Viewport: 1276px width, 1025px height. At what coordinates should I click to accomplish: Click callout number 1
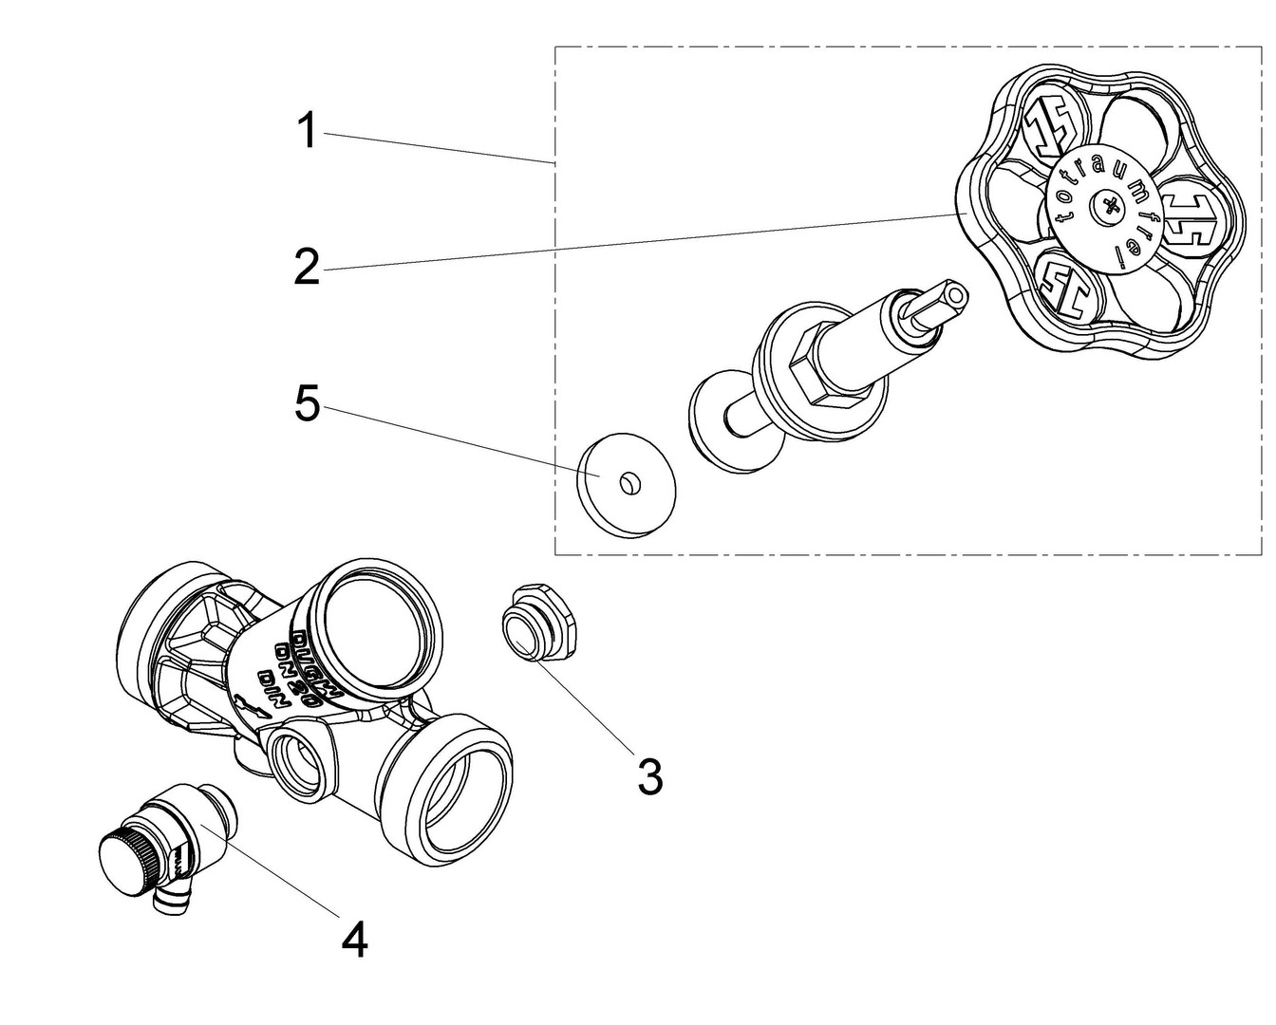click(306, 131)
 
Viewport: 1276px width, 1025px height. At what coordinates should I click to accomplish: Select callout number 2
click(306, 267)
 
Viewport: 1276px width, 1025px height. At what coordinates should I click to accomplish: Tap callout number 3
click(649, 776)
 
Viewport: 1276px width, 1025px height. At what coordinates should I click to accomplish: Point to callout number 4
click(353, 941)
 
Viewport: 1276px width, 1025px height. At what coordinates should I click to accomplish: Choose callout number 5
click(307, 404)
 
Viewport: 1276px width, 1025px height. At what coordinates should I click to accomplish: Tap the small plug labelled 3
click(535, 627)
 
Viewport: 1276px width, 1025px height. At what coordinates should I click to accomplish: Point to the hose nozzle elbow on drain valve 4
click(172, 903)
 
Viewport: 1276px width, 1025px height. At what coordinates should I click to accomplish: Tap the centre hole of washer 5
click(626, 485)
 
